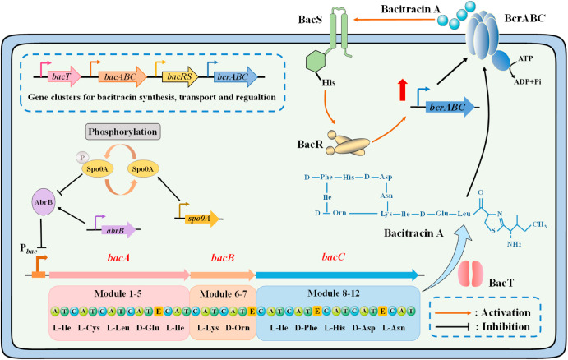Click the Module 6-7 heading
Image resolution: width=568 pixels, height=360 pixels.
coord(222,294)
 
